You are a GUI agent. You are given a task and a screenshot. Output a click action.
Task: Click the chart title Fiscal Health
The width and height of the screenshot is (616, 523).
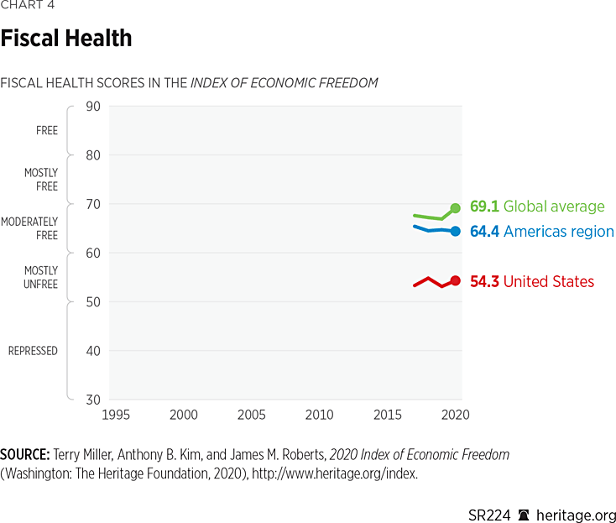tap(66, 39)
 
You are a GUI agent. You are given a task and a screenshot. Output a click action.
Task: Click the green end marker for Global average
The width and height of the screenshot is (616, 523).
tap(456, 208)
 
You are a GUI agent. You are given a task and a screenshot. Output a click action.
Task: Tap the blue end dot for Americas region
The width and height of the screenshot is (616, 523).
tap(456, 231)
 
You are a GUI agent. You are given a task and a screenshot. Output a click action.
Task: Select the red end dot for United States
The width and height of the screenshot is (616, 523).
tap(456, 280)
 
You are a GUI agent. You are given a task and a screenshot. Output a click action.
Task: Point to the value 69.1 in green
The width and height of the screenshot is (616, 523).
tap(484, 207)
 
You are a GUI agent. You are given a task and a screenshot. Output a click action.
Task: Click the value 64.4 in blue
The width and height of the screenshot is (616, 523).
tap(484, 232)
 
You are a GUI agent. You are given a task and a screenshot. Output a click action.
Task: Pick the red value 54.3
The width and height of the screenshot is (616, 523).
tap(484, 282)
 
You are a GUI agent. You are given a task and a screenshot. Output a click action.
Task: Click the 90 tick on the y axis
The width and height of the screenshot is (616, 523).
tap(93, 107)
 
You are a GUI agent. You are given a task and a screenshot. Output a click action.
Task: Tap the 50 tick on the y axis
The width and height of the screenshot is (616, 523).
tap(93, 302)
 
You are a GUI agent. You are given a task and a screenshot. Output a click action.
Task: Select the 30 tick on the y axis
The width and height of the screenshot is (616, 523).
tap(93, 400)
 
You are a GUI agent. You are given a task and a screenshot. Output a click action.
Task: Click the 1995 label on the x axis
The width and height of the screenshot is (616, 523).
tap(116, 415)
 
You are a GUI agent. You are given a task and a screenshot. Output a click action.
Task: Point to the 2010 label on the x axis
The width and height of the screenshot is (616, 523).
tap(319, 415)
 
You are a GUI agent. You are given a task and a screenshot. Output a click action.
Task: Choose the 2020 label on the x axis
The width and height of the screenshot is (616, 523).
tap(454, 415)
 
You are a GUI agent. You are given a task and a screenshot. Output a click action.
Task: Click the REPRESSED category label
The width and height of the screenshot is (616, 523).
tap(34, 351)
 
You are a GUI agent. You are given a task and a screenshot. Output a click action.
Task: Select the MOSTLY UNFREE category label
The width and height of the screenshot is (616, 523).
tap(39, 278)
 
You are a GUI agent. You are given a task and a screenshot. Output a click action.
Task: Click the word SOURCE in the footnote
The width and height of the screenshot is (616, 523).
tap(24, 455)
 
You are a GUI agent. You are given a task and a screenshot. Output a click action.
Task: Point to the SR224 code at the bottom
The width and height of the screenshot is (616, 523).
tap(489, 515)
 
